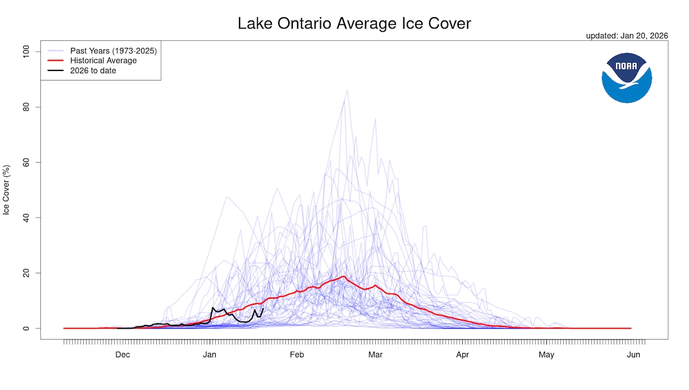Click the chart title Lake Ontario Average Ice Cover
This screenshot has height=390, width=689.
click(x=354, y=24)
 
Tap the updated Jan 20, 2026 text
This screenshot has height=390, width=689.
click(x=627, y=36)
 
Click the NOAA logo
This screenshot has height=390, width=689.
click(x=627, y=77)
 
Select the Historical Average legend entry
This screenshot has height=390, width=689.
click(x=103, y=61)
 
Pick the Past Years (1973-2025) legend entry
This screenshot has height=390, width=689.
click(x=113, y=51)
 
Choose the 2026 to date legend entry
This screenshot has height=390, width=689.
click(x=93, y=70)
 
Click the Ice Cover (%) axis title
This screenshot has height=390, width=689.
click(x=6, y=190)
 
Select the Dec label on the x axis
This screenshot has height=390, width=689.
click(x=123, y=354)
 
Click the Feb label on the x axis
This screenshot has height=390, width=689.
click(x=297, y=354)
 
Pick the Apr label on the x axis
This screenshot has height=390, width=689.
click(x=462, y=354)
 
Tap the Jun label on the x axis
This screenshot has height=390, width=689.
click(x=634, y=354)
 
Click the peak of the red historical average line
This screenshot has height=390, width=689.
click(x=343, y=276)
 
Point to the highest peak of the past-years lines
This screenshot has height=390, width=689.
click(x=347, y=90)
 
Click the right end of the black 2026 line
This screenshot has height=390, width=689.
click(x=263, y=308)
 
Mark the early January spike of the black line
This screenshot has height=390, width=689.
click(x=213, y=308)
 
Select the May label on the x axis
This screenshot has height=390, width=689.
click(x=546, y=354)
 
